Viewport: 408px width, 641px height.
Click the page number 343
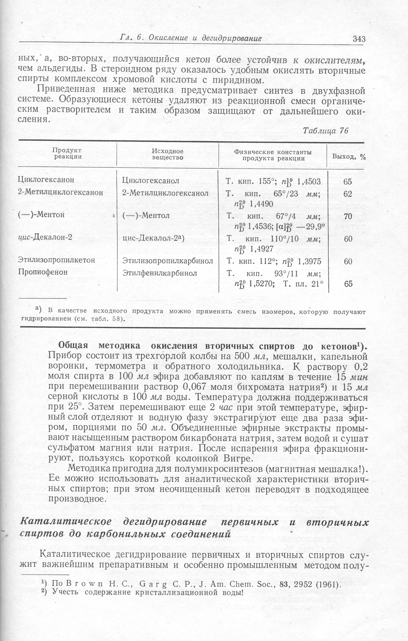[359, 39]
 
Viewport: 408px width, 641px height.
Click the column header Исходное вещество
[168, 154]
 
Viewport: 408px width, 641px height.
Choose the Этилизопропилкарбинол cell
[168, 261]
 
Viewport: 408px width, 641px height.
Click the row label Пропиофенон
[43, 272]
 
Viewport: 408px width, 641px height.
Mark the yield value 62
[347, 194]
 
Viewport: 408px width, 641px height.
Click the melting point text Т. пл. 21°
[303, 284]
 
